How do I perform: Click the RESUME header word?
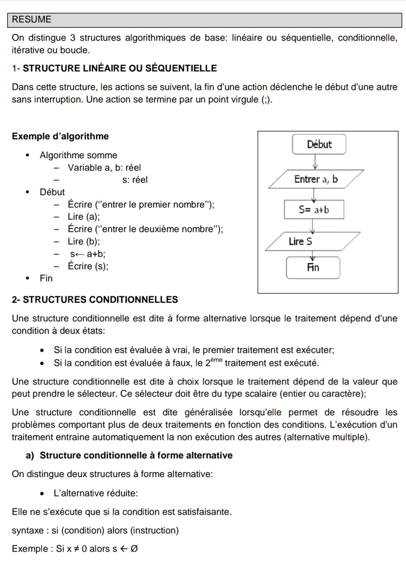31,20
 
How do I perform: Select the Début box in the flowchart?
319,144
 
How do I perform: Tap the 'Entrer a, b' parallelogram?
316,179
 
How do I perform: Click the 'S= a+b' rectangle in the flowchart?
314,210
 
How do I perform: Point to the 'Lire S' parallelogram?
312,241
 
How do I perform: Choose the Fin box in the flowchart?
313,268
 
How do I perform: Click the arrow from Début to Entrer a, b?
315,162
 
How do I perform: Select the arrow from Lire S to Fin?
313,255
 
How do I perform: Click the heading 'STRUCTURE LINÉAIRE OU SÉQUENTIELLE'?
120,68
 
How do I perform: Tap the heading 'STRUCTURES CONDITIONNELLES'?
100,299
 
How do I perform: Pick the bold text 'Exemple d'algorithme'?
60,136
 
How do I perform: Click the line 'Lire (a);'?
84,217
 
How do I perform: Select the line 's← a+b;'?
88,254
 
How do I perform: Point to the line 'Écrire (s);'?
88,266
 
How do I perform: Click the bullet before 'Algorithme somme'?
28,155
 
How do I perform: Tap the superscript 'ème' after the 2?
216,360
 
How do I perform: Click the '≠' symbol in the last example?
76,549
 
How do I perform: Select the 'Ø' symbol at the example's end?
134,549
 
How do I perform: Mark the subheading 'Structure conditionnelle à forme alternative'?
136,455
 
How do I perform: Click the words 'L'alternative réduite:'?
96,493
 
